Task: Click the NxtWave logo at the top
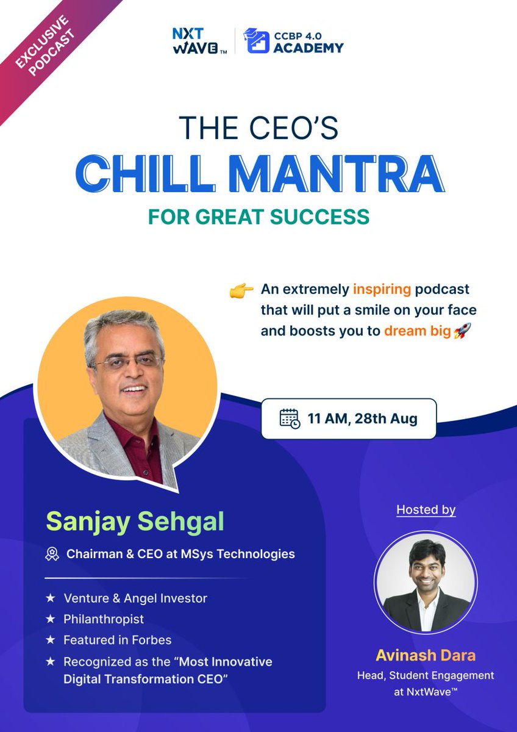[199, 41]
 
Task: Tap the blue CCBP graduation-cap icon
[257, 41]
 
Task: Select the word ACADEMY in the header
[308, 47]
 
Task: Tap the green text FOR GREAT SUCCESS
[258, 216]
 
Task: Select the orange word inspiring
[382, 289]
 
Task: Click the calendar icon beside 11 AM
[290, 419]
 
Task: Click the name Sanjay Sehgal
[135, 522]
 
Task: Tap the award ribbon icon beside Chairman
[52, 554]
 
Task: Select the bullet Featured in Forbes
[117, 640]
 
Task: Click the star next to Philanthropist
[51, 619]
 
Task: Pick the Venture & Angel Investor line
[135, 598]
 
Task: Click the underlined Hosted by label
[426, 509]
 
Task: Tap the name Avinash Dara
[426, 656]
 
